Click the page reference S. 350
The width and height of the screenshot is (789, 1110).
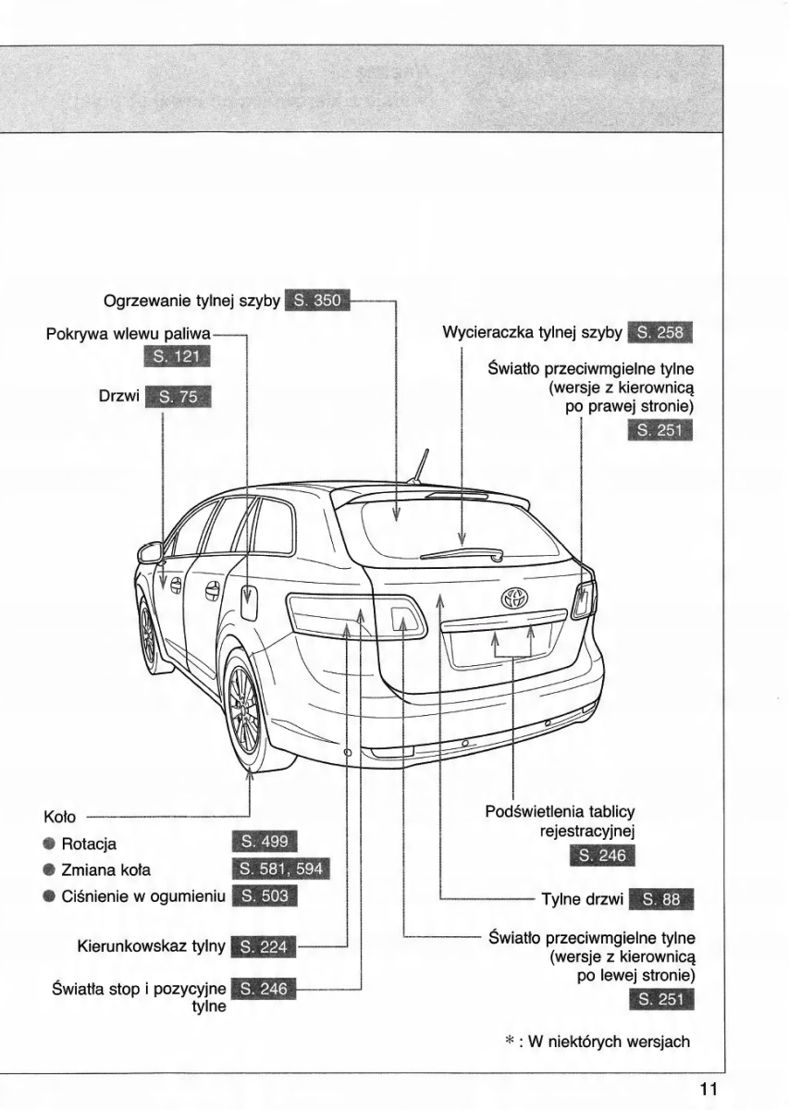[317, 301]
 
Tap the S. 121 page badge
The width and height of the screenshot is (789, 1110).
[179, 358]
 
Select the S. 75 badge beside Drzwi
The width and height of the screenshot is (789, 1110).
[179, 398]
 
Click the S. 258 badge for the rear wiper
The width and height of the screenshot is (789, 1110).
[660, 332]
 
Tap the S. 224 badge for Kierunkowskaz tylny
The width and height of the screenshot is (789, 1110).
[264, 945]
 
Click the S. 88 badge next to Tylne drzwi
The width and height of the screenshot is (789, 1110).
[660, 897]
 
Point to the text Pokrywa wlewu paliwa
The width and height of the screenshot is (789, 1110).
[129, 333]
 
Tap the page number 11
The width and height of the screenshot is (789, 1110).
[709, 1089]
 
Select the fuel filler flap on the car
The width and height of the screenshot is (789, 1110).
[249, 604]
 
